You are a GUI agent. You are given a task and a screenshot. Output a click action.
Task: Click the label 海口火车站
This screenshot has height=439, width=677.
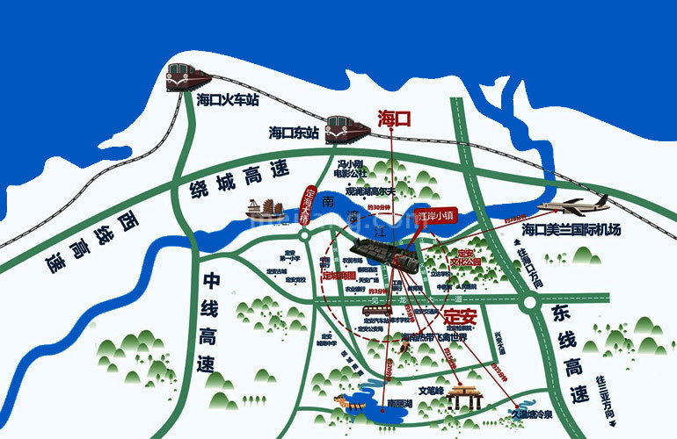[x=229, y=100]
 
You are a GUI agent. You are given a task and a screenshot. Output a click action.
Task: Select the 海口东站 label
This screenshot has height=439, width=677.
[x=295, y=133]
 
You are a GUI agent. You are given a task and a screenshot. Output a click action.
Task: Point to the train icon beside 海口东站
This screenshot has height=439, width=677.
[x=346, y=129]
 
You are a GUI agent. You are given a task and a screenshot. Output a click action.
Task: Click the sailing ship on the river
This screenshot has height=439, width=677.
[x=264, y=209]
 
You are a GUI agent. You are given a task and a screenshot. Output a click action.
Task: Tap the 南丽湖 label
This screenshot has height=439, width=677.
[x=402, y=406]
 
